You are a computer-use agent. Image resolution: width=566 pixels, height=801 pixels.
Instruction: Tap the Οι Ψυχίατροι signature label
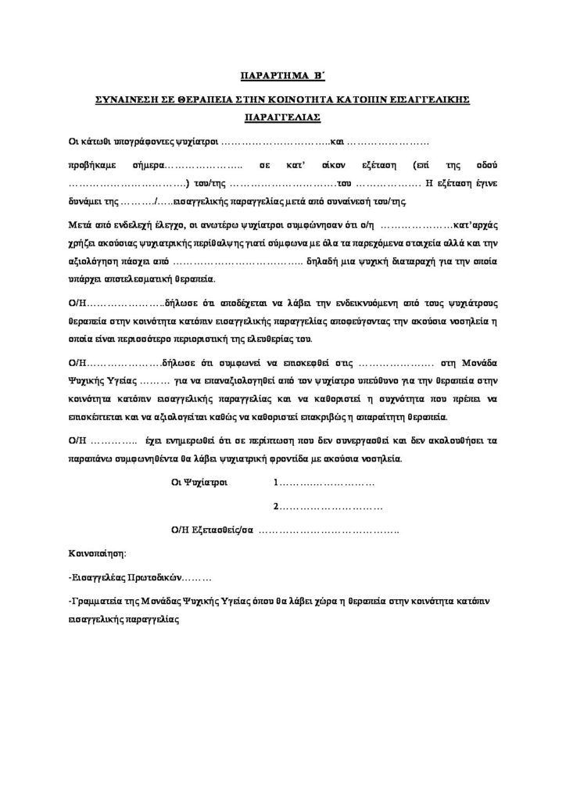coord(199,483)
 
